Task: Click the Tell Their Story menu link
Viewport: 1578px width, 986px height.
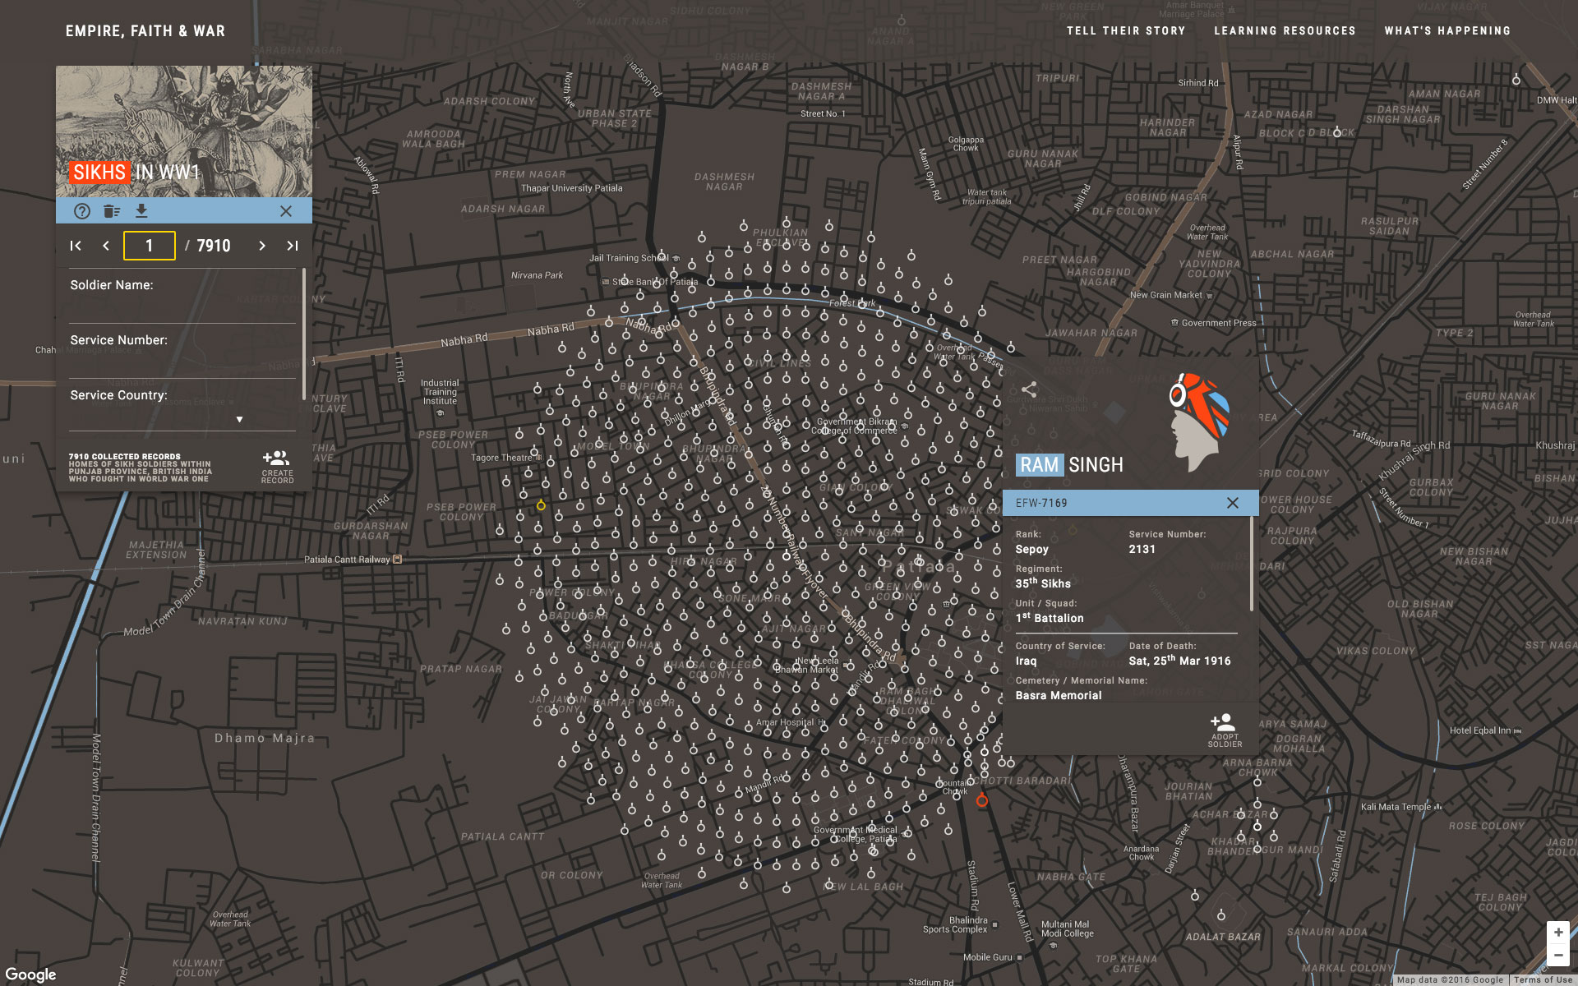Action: pyautogui.click(x=1125, y=31)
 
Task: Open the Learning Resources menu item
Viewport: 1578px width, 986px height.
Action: pyautogui.click(x=1285, y=31)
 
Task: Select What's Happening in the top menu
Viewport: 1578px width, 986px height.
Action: pyautogui.click(x=1447, y=31)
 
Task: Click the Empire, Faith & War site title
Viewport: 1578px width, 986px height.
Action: pyautogui.click(x=145, y=31)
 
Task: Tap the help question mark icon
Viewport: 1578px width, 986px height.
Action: pyautogui.click(x=82, y=211)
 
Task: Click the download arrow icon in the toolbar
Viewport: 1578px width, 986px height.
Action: pyautogui.click(x=141, y=211)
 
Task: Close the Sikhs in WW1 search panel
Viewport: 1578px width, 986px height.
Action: pyautogui.click(x=286, y=211)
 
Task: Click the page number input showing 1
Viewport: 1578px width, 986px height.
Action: pyautogui.click(x=150, y=246)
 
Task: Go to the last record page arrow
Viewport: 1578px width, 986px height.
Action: pyautogui.click(x=292, y=246)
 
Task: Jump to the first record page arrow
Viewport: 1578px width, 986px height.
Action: pyautogui.click(x=76, y=246)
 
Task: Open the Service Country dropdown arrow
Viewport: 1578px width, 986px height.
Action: pyautogui.click(x=239, y=419)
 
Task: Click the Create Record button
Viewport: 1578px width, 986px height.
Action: pyautogui.click(x=277, y=467)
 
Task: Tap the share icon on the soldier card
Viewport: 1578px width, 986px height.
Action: pyautogui.click(x=1029, y=389)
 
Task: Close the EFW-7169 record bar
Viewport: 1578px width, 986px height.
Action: pyautogui.click(x=1233, y=503)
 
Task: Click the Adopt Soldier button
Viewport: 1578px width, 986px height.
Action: pyautogui.click(x=1224, y=730)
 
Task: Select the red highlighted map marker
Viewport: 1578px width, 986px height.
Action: pyautogui.click(x=981, y=800)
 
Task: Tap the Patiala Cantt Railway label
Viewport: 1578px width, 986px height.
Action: pyautogui.click(x=348, y=560)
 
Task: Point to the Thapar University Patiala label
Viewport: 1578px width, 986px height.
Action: pyautogui.click(x=571, y=188)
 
